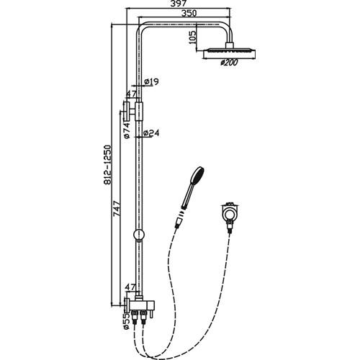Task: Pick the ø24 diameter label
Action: (151, 133)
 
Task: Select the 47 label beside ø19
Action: (131, 94)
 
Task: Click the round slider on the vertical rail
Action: (139, 235)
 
